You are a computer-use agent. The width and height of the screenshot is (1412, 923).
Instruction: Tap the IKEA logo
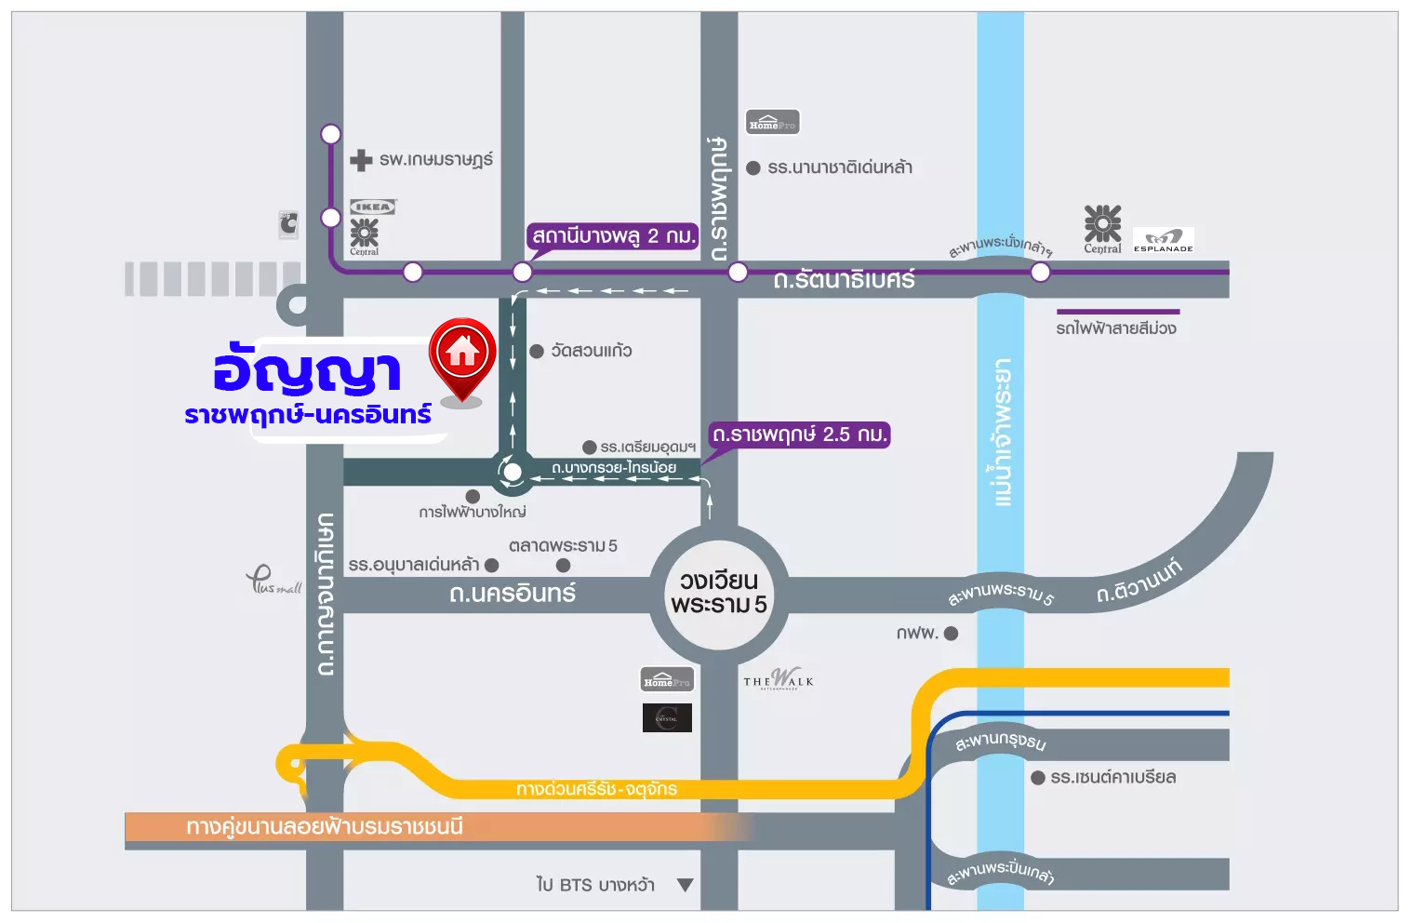[x=372, y=207]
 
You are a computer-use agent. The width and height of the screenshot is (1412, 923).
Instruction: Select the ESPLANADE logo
[x=1163, y=240]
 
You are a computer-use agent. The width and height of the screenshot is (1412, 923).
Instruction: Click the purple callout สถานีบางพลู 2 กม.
[x=613, y=236]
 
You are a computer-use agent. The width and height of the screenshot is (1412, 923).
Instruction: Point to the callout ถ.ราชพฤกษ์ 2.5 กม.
[x=799, y=435]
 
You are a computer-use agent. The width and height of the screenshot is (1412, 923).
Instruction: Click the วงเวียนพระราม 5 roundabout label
[x=719, y=593]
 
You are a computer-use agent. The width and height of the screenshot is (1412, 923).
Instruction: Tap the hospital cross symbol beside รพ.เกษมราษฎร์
[x=361, y=160]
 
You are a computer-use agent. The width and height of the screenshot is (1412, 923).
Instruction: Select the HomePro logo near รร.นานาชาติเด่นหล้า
[x=772, y=123]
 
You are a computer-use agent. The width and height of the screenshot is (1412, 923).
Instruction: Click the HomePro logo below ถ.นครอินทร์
[x=667, y=680]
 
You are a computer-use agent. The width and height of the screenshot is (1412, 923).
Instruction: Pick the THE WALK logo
[x=779, y=679]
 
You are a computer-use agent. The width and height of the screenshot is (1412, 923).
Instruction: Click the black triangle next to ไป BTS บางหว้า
[x=686, y=885]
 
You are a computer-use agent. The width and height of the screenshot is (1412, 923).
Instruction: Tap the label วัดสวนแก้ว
[x=592, y=351]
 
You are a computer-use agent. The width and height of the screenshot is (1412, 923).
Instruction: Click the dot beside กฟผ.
[x=951, y=634]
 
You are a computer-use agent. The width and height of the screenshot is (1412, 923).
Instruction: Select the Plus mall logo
[x=273, y=581]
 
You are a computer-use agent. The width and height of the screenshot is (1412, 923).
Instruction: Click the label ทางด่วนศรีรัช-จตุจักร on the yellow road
[x=596, y=789]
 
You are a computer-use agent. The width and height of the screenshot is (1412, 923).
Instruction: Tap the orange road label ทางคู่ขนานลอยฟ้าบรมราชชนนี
[x=325, y=827]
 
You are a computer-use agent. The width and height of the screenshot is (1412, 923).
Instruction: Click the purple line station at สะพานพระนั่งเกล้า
[x=1040, y=272]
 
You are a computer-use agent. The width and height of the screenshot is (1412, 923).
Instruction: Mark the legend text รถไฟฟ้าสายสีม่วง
[x=1116, y=328]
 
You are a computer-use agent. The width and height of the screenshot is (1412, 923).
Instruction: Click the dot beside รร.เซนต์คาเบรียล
[x=1038, y=778]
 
